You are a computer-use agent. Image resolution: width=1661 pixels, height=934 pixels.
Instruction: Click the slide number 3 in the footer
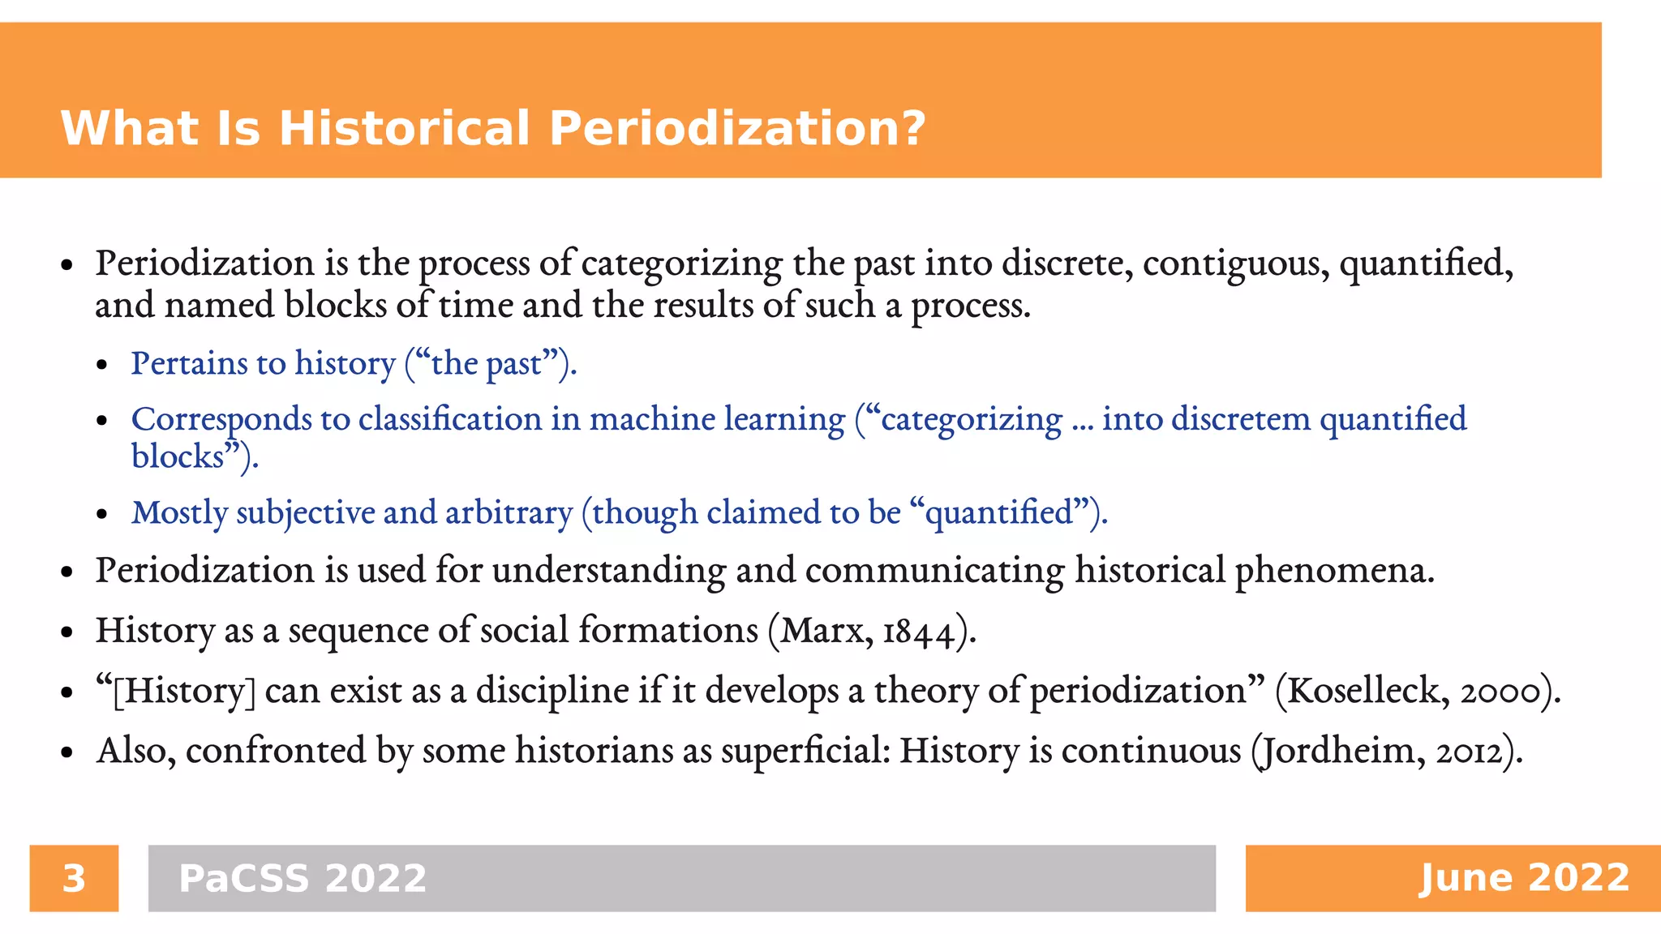[x=74, y=879]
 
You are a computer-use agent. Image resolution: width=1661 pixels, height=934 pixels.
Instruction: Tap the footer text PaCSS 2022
[x=303, y=879]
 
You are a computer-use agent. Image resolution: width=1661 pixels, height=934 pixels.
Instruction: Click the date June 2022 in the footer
[x=1524, y=878]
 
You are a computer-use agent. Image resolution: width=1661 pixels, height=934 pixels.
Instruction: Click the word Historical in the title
[x=405, y=129]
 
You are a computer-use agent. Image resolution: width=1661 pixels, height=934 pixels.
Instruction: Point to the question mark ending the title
[x=913, y=129]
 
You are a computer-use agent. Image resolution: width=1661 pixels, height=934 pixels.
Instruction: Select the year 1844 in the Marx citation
[x=918, y=632]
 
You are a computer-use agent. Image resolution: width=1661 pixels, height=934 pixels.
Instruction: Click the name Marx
[x=823, y=632]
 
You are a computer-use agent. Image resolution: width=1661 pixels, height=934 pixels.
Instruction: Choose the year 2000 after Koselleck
[x=1500, y=692]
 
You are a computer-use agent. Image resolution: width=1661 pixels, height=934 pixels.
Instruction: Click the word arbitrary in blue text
[x=509, y=513]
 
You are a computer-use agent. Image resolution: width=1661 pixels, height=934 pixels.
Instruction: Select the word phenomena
[x=1334, y=572]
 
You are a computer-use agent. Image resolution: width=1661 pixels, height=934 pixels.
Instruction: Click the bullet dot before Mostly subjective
[x=102, y=515]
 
